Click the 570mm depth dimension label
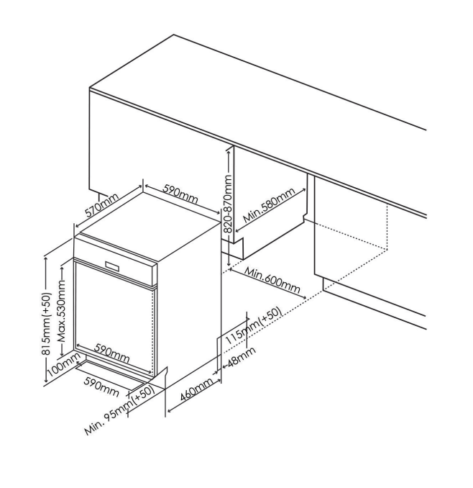[102, 205]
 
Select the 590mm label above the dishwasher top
[180, 194]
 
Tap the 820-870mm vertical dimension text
[228, 204]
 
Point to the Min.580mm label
[269, 206]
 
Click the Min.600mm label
[272, 281]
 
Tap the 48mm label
[242, 357]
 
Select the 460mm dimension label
[197, 389]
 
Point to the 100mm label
[64, 365]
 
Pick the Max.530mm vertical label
[62, 311]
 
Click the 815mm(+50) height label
[46, 324]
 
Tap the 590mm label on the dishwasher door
[112, 353]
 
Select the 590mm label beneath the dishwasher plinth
[101, 387]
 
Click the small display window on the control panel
[112, 266]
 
